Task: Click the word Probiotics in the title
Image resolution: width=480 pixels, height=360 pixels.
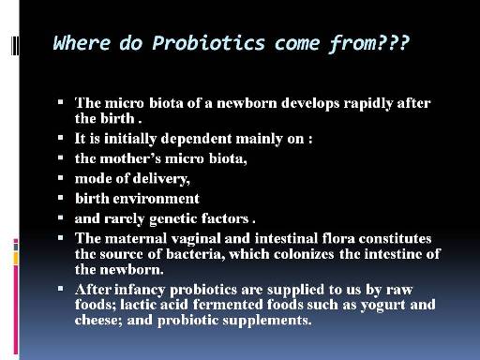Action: point(208,43)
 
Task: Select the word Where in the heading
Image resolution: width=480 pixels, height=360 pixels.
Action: point(82,42)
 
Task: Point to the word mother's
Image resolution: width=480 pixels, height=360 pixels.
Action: point(130,158)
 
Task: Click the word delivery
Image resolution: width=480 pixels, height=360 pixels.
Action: point(161,179)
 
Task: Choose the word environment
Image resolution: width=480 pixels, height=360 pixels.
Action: point(156,199)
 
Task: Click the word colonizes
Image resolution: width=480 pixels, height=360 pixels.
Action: point(304,254)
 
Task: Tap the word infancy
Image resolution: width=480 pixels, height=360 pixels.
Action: point(140,290)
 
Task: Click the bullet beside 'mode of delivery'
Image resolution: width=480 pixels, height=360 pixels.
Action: point(61,178)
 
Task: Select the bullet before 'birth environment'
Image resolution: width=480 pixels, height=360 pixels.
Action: point(61,198)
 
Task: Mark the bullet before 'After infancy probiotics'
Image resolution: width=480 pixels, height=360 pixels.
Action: point(61,289)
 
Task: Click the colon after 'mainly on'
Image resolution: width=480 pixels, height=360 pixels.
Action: point(310,140)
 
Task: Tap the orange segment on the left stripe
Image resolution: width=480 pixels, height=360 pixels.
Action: point(16,259)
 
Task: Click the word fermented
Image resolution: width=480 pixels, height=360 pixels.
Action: point(228,305)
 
